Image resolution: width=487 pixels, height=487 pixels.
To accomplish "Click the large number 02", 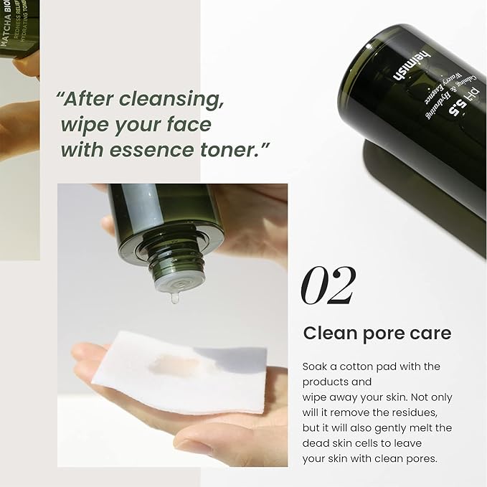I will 327,285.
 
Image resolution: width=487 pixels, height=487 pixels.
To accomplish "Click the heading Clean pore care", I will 377,334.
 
